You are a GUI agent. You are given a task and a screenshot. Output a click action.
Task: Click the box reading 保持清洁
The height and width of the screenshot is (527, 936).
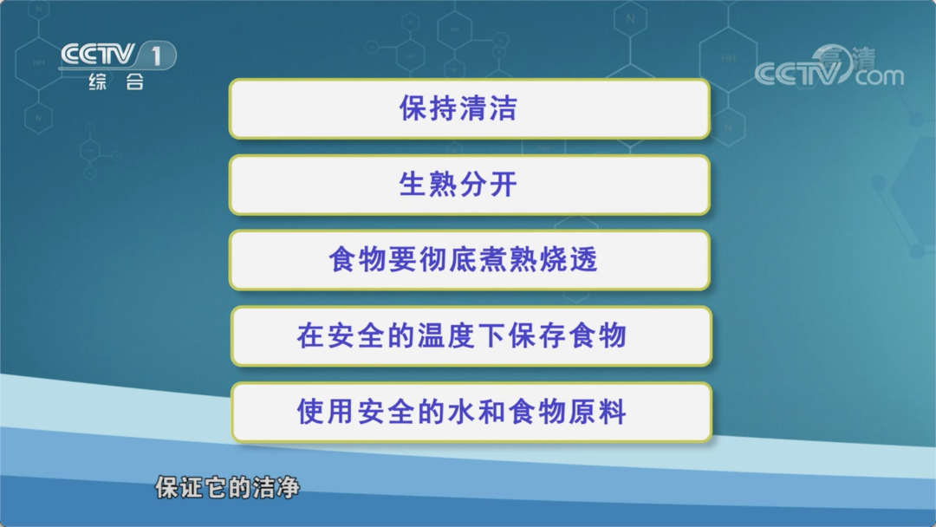point(470,108)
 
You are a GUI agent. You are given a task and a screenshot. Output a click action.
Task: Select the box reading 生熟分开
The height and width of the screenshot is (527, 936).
point(470,185)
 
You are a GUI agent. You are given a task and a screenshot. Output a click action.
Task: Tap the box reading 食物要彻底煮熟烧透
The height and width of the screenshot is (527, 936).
point(470,260)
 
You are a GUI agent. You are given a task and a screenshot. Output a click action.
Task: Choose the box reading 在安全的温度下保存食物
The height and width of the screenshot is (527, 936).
point(471,336)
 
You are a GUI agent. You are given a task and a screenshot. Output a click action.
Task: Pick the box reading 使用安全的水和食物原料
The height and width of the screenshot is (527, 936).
point(471,413)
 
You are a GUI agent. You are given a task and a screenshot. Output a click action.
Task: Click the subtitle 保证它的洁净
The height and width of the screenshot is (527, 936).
point(227,488)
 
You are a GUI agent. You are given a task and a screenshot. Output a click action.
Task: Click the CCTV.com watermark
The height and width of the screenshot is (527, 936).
point(829,67)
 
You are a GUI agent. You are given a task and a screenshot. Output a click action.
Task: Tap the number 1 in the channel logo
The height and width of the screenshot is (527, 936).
point(156,56)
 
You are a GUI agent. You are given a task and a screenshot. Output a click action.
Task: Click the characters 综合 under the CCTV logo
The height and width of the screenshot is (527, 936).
point(116,81)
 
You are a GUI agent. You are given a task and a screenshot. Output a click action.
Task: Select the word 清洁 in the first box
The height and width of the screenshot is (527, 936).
point(488,108)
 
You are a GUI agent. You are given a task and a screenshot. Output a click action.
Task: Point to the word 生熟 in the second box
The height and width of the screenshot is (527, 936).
point(428,185)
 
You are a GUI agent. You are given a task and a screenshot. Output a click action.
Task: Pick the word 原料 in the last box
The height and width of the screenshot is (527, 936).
point(597,413)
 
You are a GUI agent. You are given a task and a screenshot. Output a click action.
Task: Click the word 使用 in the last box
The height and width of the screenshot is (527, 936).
point(326,413)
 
